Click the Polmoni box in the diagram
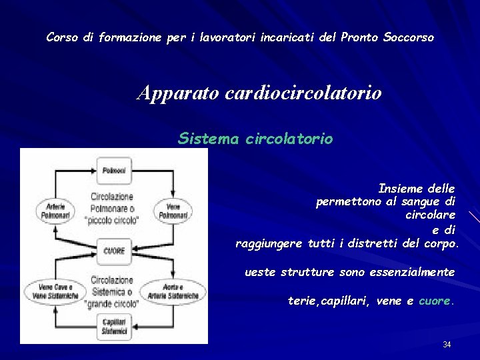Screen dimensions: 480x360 (x=113, y=171)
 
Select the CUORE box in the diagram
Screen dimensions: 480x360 (x=113, y=251)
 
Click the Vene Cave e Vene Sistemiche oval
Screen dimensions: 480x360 (x=54, y=291)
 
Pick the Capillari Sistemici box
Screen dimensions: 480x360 (x=113, y=327)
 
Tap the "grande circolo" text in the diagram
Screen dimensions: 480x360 (x=112, y=304)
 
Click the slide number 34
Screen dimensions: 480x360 (x=447, y=345)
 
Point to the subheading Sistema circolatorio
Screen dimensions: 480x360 (x=255, y=139)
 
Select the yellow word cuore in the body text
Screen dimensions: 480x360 (x=435, y=301)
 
